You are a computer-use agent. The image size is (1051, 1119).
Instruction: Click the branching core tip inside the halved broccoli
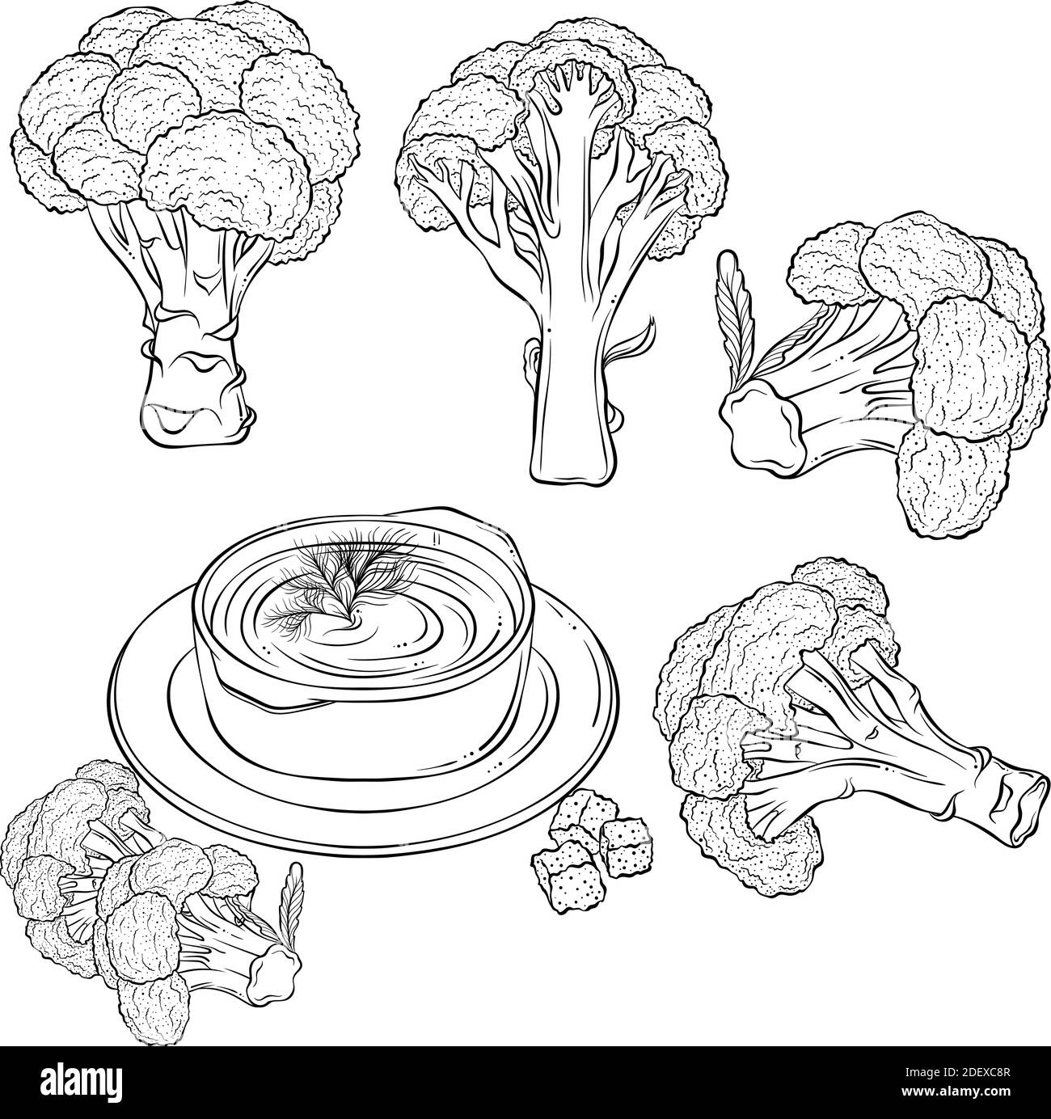[x=574, y=85]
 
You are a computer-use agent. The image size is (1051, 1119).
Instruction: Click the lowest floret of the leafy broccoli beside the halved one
[x=952, y=482]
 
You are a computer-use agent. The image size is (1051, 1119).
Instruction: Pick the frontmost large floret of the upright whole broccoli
[x=226, y=169]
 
